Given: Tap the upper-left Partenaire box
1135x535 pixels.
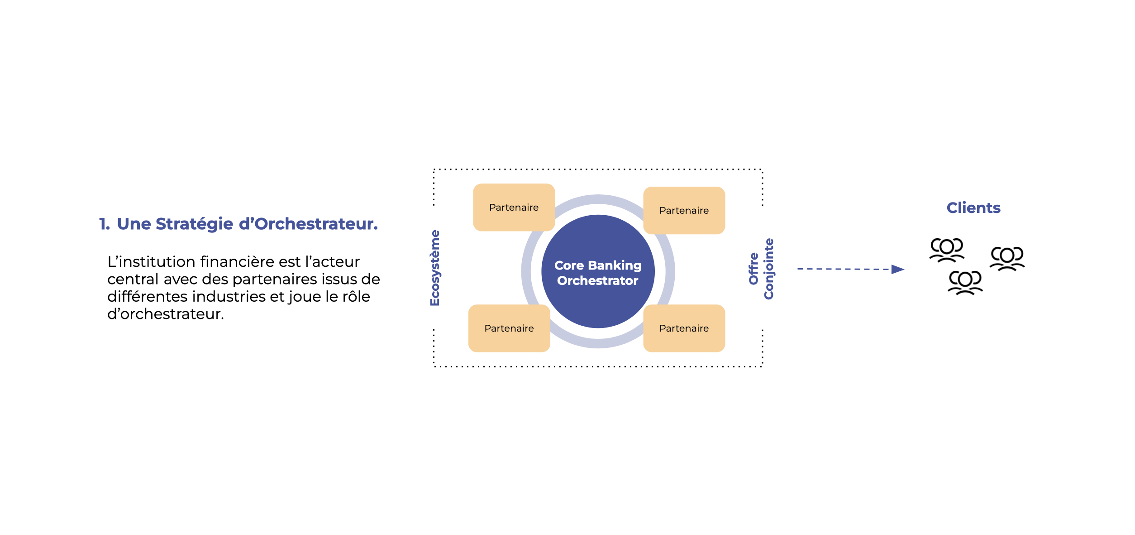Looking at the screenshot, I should (514, 207).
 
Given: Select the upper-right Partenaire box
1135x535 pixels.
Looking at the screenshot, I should (684, 211).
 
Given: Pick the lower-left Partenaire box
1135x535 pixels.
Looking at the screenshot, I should (509, 328).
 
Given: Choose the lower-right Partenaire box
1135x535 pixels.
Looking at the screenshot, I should (684, 328).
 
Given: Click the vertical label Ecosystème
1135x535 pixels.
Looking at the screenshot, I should (435, 268).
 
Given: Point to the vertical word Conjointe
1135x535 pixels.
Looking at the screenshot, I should (769, 269).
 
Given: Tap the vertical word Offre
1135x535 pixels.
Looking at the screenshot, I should (753, 269).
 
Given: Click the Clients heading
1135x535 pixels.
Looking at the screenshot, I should (973, 208).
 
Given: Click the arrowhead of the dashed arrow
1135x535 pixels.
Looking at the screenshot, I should (897, 270).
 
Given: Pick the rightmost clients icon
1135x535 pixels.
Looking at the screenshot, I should (1007, 259).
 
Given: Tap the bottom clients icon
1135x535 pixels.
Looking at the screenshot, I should (965, 283).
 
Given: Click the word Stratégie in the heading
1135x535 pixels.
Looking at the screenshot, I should (195, 224).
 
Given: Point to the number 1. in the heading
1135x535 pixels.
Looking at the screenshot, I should (105, 224).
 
